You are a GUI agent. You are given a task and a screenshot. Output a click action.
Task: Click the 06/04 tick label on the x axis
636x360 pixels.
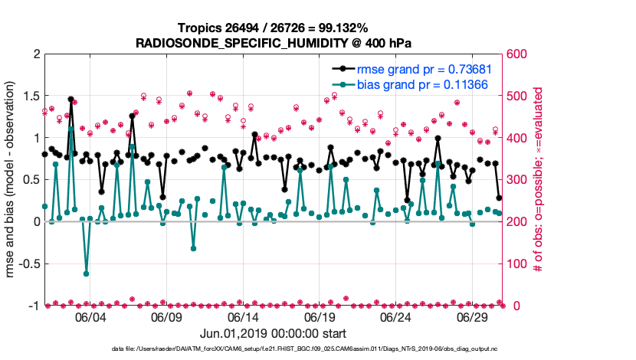click(90, 317)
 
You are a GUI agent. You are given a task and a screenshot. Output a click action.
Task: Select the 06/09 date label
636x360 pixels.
click(167, 317)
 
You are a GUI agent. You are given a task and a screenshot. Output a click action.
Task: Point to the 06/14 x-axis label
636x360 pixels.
click(243, 317)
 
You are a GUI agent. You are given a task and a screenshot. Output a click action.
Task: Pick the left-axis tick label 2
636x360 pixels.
click(36, 54)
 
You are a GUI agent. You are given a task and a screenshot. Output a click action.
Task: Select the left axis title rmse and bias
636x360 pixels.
click(13, 180)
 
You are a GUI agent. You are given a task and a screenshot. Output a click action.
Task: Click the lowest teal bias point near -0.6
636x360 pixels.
click(86, 273)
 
